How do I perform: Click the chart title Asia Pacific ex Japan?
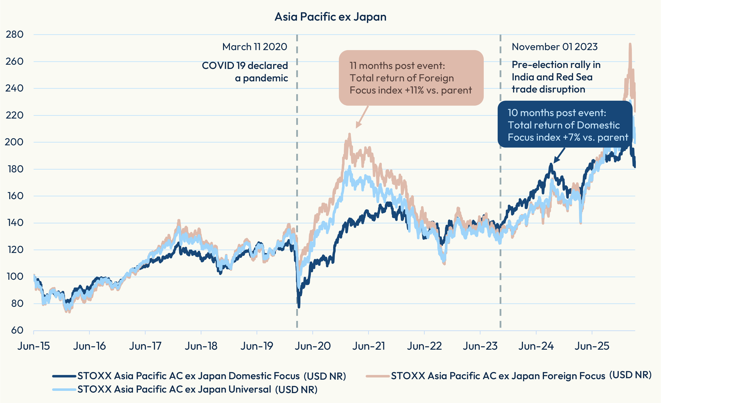(x=330, y=17)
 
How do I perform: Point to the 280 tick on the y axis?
(x=15, y=34)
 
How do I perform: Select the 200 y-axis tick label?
(x=14, y=142)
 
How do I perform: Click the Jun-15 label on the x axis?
(x=34, y=346)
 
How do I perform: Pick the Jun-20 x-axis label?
(x=313, y=346)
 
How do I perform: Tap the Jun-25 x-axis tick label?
(x=592, y=346)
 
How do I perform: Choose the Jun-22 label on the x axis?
(x=424, y=346)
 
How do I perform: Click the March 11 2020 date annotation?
(x=255, y=47)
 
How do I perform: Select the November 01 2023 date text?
(x=555, y=47)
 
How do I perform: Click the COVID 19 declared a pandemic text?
(x=245, y=72)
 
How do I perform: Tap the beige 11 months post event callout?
(x=411, y=78)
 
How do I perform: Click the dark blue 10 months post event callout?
(x=565, y=124)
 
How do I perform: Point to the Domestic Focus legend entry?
(x=199, y=376)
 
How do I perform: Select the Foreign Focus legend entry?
(x=509, y=375)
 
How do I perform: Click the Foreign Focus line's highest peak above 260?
(x=630, y=44)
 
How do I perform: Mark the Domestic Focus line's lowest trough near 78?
(x=299, y=307)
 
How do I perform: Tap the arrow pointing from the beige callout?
(x=362, y=117)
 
